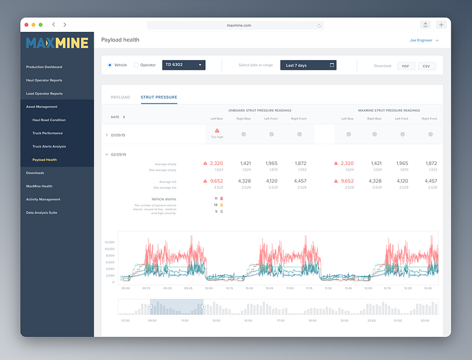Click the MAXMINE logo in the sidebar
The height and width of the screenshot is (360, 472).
click(x=57, y=43)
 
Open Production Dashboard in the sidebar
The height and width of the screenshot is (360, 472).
click(x=44, y=66)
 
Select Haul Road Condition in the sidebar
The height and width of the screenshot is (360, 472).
click(x=49, y=120)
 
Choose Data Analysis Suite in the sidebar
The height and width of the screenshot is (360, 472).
click(x=41, y=213)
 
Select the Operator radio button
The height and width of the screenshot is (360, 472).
click(x=136, y=65)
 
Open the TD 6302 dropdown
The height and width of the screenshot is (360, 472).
click(x=183, y=65)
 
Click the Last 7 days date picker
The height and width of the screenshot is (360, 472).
click(x=308, y=65)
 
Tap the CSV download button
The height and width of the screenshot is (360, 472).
click(x=427, y=66)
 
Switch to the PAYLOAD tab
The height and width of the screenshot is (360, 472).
click(x=121, y=97)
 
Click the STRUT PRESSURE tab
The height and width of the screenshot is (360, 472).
click(x=159, y=97)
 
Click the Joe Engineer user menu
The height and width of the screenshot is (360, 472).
click(x=424, y=40)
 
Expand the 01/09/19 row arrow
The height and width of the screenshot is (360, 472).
click(x=107, y=135)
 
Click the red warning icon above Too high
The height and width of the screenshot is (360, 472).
click(x=217, y=130)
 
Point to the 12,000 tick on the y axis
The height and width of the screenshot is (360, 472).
click(x=109, y=242)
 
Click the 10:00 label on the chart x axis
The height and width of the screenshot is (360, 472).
click(x=208, y=289)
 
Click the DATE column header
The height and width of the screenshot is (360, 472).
click(x=117, y=117)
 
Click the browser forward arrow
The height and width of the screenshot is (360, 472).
click(x=65, y=25)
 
